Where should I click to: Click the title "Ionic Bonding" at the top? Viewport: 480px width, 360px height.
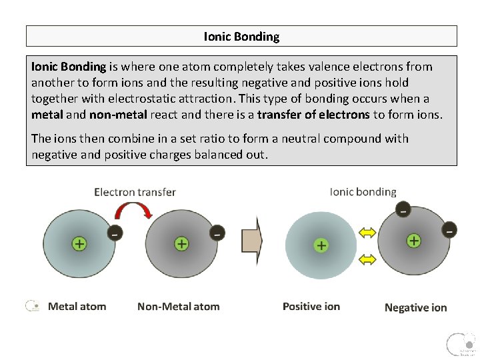pyautogui.click(x=241, y=37)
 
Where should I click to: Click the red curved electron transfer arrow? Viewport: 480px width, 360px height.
pyautogui.click(x=135, y=211)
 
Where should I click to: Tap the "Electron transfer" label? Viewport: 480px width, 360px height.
pyautogui.click(x=135, y=192)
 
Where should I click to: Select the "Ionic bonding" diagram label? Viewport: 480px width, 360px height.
pyautogui.click(x=363, y=192)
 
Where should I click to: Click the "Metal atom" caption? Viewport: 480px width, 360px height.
pyautogui.click(x=77, y=307)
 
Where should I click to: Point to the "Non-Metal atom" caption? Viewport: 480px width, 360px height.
pyautogui.click(x=178, y=307)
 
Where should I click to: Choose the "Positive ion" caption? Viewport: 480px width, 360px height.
pyautogui.click(x=311, y=307)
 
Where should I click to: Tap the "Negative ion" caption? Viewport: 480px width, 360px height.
pyautogui.click(x=415, y=307)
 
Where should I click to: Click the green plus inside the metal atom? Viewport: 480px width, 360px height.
pyautogui.click(x=79, y=243)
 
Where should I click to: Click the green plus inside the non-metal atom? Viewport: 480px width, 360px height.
pyautogui.click(x=181, y=243)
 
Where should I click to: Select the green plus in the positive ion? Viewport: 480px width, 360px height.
pyautogui.click(x=321, y=245)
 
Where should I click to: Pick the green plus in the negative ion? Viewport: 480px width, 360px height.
pyautogui.click(x=414, y=240)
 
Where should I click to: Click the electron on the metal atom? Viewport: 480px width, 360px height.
pyautogui.click(x=115, y=233)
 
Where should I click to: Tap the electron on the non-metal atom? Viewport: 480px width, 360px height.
pyautogui.click(x=217, y=233)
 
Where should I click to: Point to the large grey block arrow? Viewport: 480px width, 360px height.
pyautogui.click(x=252, y=240)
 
